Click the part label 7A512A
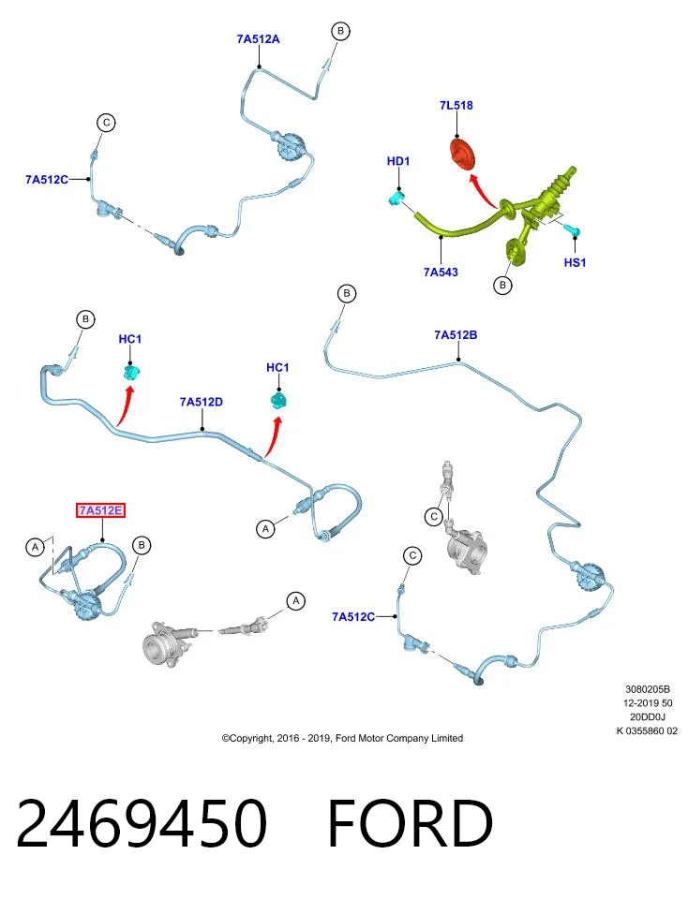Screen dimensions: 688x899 [x=258, y=39]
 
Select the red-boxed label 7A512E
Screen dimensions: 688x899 [x=101, y=510]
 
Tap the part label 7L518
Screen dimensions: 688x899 [x=456, y=105]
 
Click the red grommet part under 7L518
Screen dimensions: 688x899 [x=462, y=155]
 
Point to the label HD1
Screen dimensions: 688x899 [x=398, y=161]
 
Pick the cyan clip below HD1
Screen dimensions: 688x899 [x=396, y=198]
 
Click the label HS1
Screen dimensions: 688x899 [x=575, y=262]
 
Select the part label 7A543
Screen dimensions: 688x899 [x=441, y=272]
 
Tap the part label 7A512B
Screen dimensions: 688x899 [x=456, y=335]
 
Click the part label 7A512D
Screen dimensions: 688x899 [x=201, y=402]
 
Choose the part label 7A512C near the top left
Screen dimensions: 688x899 [x=47, y=180]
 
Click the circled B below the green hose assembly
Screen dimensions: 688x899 [x=502, y=285]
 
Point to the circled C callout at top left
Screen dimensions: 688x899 [x=106, y=123]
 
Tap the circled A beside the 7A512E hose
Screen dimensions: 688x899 [x=35, y=547]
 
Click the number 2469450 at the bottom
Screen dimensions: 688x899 [x=142, y=823]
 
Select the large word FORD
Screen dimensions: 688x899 [x=411, y=823]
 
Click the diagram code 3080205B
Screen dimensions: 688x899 [x=648, y=689]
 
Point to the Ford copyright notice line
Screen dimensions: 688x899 [x=342, y=738]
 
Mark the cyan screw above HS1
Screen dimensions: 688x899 [x=574, y=230]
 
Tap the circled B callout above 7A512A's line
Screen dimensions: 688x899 [x=340, y=31]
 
